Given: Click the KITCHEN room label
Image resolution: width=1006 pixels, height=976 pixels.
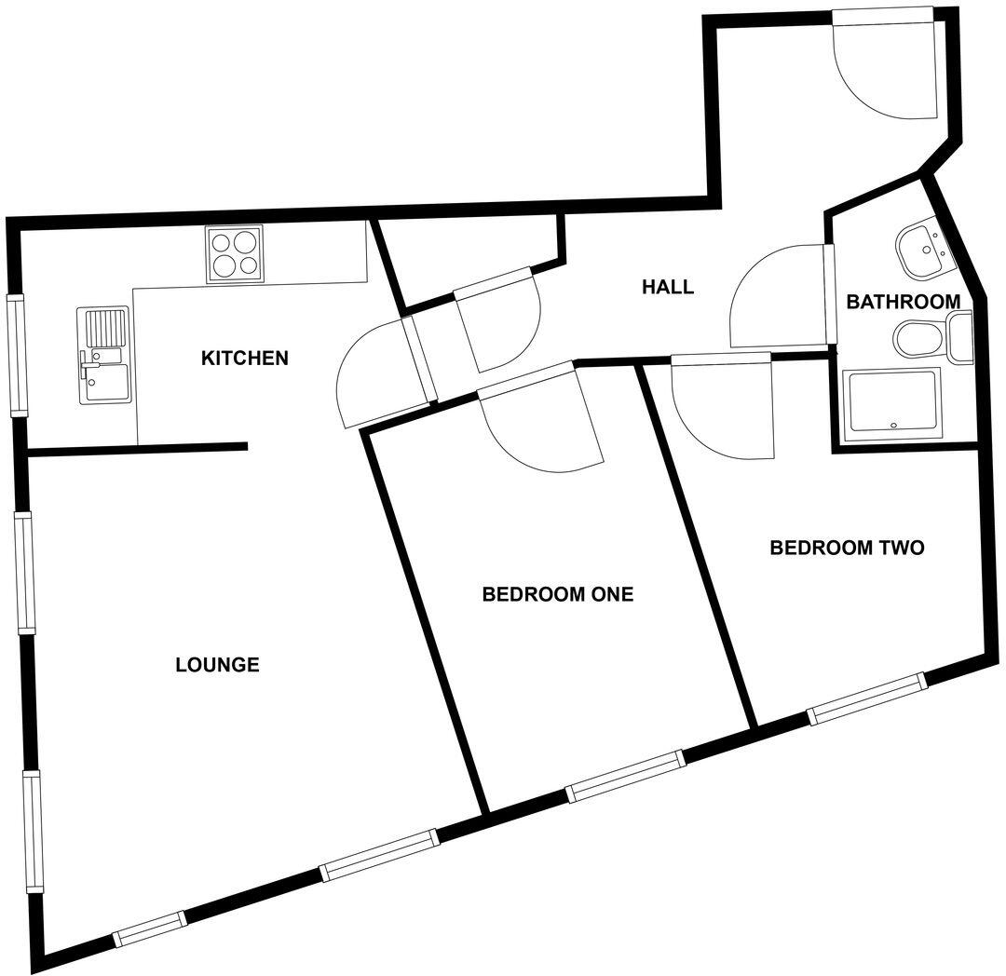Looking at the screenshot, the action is tap(245, 358).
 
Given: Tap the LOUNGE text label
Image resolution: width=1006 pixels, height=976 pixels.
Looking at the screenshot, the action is tap(217, 665).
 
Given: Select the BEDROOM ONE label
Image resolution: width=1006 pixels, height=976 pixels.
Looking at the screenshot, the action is tap(557, 594).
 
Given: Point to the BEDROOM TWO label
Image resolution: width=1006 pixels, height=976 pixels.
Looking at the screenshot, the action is tap(847, 548).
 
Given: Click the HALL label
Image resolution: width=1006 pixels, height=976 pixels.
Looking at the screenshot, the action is tap(668, 287).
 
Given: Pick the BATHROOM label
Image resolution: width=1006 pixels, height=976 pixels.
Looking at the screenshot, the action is tap(903, 302).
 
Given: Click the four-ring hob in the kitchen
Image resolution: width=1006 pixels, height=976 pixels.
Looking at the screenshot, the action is tap(234, 253).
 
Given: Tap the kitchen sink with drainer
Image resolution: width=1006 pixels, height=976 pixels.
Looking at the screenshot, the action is tap(103, 356).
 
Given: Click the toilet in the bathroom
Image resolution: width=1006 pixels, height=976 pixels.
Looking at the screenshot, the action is tap(931, 337).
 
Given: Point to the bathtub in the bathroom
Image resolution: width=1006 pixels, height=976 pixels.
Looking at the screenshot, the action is tap(891, 401).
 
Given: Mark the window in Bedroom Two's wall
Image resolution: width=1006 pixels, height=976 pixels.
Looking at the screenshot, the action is tap(867, 698).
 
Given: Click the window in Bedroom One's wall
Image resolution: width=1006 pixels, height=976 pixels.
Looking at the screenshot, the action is tap(626, 776).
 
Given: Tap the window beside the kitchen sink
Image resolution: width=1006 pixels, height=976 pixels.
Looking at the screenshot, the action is tap(17, 354).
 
